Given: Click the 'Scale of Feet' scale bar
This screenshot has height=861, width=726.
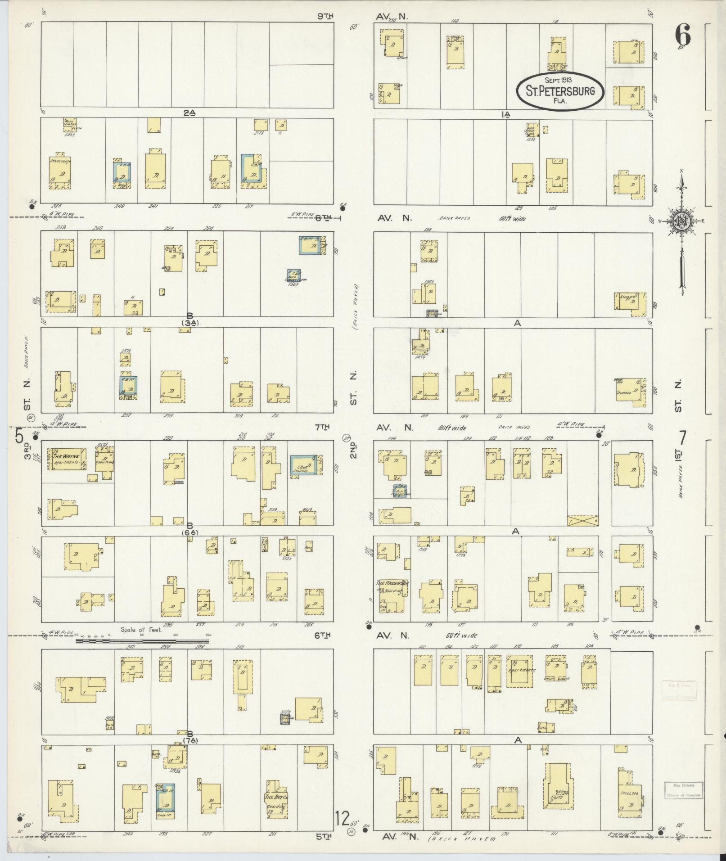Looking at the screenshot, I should pyautogui.click(x=143, y=640).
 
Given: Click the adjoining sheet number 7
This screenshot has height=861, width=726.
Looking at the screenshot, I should pyautogui.click(x=682, y=437).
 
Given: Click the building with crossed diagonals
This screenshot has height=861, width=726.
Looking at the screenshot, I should pyautogui.click(x=583, y=520).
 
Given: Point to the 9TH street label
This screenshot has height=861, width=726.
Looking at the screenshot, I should pyautogui.click(x=325, y=17).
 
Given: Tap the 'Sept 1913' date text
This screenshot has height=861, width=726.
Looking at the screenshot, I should pyautogui.click(x=558, y=80).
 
